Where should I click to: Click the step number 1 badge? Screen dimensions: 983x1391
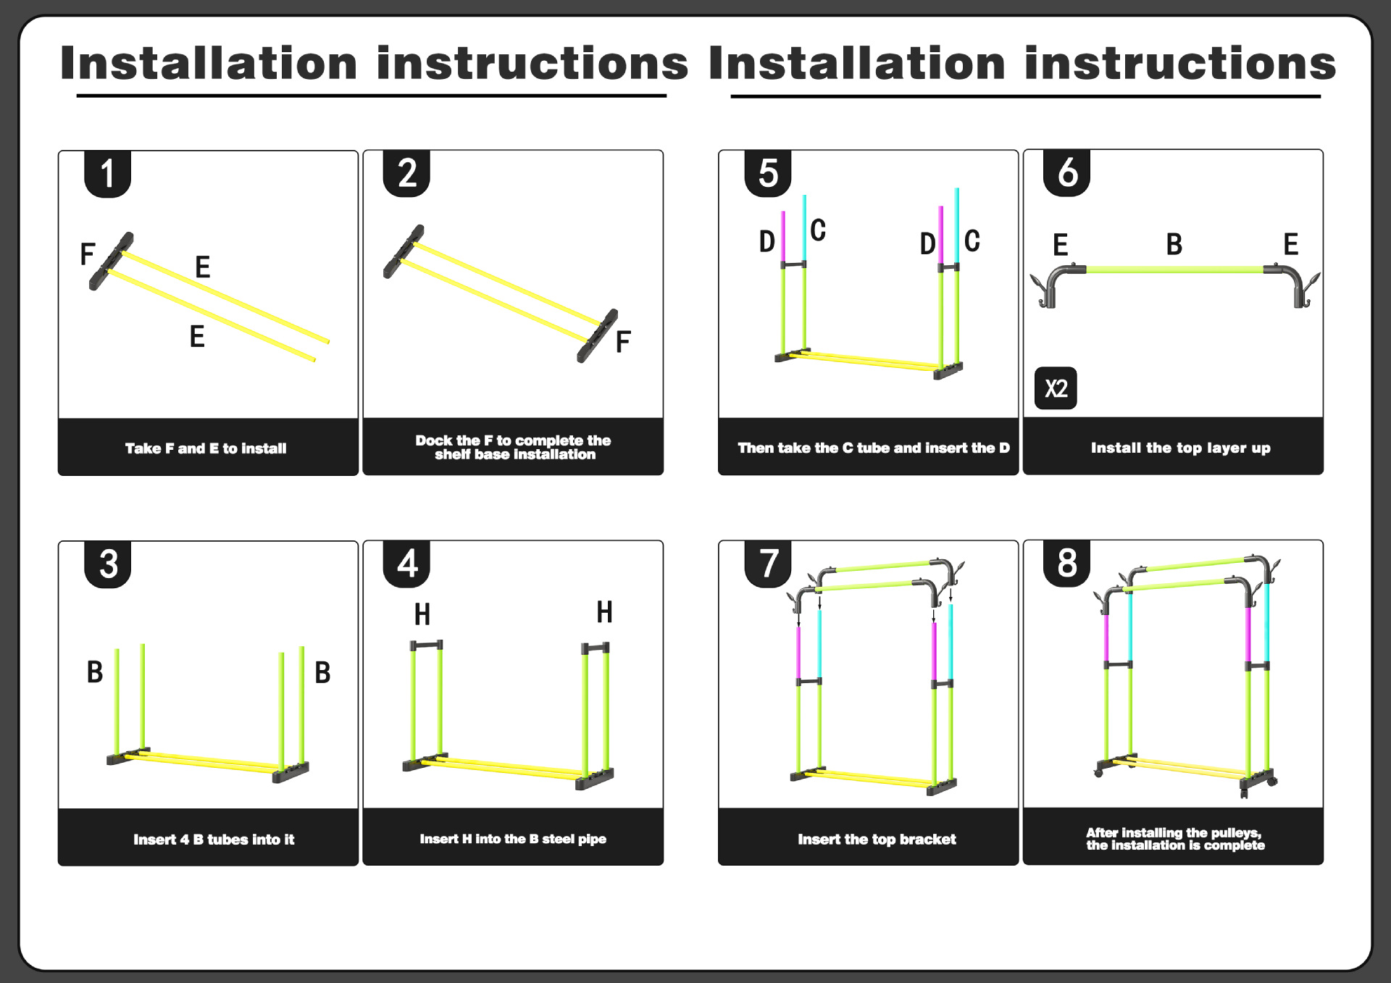107,174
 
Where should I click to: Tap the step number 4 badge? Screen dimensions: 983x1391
406,564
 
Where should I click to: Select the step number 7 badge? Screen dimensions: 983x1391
768,564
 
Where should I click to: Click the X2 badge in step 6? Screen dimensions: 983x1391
1056,389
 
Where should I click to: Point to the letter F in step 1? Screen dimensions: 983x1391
88,254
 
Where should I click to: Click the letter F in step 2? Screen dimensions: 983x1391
623,341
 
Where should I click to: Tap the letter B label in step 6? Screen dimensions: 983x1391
1174,245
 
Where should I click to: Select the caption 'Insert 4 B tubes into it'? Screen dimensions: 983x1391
214,840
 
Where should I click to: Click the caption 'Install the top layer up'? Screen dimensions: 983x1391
1180,448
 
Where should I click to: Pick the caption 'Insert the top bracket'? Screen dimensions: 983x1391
877,840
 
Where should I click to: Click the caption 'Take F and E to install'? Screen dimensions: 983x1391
206,448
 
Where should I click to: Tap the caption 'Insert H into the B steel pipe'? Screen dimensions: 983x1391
513,839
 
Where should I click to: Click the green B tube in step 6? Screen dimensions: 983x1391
1174,269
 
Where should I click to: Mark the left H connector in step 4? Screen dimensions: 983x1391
426,645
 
